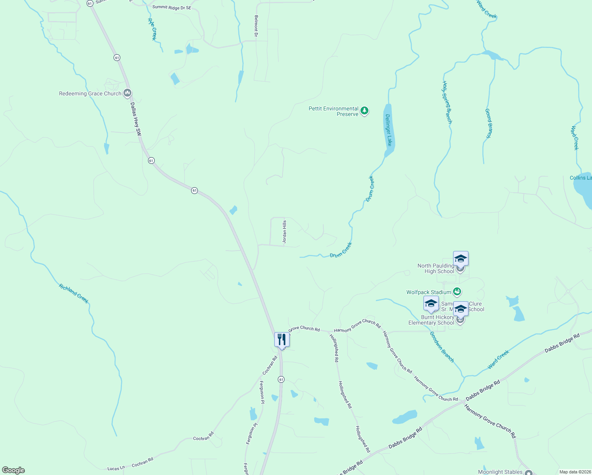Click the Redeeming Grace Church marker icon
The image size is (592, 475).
(127, 93)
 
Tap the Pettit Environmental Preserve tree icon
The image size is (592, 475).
(364, 111)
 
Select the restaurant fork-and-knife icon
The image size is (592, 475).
(282, 340)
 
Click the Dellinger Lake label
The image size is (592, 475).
(389, 130)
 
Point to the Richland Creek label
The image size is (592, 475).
(74, 293)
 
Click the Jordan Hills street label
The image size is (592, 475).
(284, 232)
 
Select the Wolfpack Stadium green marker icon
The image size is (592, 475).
(457, 292)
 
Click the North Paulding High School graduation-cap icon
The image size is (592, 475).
(461, 259)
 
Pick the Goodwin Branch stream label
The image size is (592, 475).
(442, 347)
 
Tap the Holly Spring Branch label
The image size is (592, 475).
(447, 103)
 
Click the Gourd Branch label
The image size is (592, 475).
(489, 123)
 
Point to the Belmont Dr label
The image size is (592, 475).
(256, 27)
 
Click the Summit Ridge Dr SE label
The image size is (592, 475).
(172, 8)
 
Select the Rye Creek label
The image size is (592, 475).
(152, 29)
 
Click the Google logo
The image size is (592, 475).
(13, 470)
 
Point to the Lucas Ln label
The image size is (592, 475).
(116, 468)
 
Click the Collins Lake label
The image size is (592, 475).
(581, 178)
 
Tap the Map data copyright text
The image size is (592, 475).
(575, 472)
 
